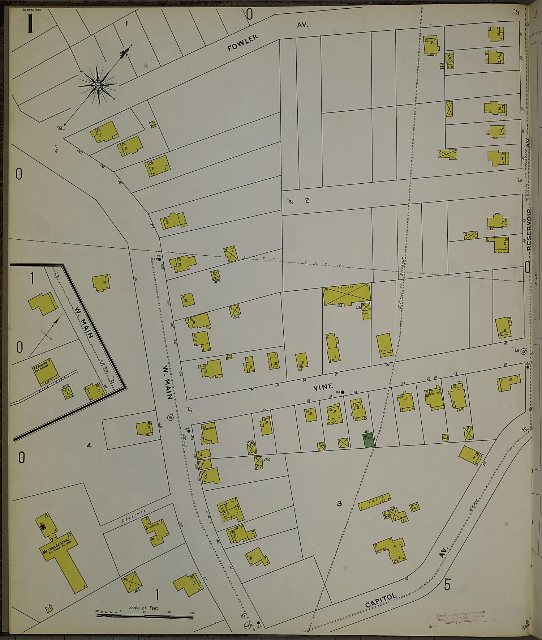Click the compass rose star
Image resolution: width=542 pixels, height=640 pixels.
point(98,85)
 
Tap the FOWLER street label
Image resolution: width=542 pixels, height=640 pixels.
point(243,42)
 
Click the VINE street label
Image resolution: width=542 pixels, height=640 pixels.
point(323,387)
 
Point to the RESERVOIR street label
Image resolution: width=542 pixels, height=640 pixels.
point(529,230)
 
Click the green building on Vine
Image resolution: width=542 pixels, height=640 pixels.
point(369,441)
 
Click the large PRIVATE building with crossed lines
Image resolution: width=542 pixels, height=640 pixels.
point(347,294)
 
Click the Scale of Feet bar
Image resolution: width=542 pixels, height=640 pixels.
point(144,615)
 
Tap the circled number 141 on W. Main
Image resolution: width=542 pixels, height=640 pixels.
point(171,418)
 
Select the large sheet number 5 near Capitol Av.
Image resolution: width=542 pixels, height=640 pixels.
point(447,584)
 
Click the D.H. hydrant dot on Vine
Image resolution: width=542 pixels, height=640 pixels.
point(343,392)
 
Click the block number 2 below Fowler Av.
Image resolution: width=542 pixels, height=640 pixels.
point(307,200)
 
